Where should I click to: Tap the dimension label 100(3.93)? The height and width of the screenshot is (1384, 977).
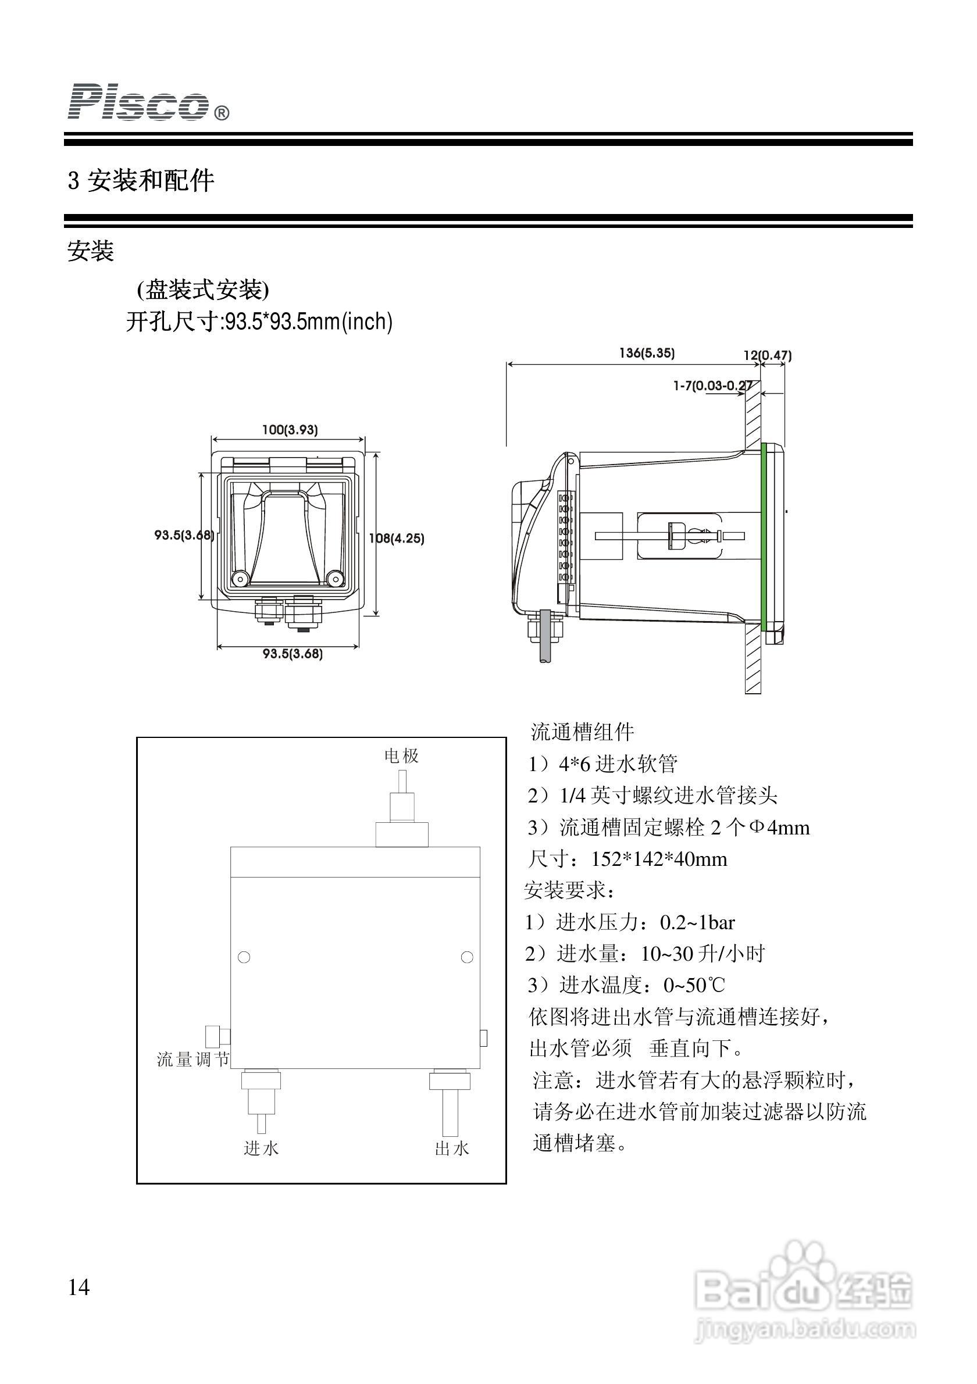(x=289, y=430)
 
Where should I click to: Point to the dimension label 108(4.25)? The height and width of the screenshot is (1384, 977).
(x=397, y=538)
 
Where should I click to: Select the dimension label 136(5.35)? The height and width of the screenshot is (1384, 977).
(x=647, y=353)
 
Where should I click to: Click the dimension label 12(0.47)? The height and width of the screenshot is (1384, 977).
(x=767, y=355)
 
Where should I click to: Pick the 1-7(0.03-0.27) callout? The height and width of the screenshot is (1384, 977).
(x=712, y=385)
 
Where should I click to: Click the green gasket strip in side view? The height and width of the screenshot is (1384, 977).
(x=763, y=537)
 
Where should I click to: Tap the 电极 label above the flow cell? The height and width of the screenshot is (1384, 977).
(x=401, y=756)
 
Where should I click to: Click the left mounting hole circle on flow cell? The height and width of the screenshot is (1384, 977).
(x=244, y=957)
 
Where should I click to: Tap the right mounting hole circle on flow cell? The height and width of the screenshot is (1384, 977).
(x=466, y=957)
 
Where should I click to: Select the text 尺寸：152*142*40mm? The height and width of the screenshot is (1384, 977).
(x=628, y=859)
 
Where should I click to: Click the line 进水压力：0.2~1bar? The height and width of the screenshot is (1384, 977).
(x=630, y=922)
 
